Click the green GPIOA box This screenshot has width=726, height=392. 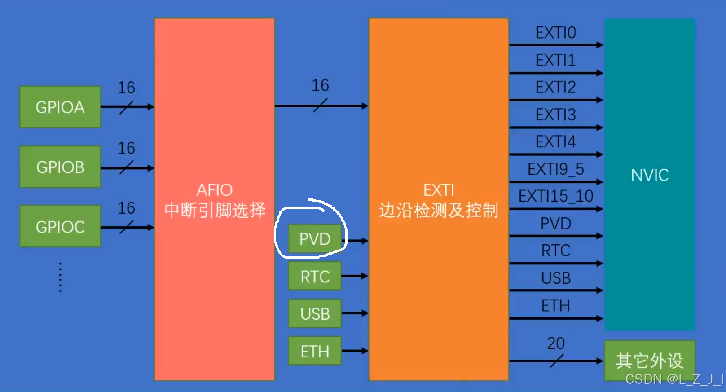point(60,107)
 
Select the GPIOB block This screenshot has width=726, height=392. point(60,167)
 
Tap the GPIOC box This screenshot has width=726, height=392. point(60,227)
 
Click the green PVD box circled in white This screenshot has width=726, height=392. point(315,239)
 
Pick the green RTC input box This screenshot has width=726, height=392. point(315,277)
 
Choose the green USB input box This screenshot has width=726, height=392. point(315,313)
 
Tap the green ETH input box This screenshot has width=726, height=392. point(315,351)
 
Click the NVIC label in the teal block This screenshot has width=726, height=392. point(650,175)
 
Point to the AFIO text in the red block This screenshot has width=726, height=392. point(215,190)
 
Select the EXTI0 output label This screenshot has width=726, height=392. point(555,33)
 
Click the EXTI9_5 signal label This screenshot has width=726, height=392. point(555,169)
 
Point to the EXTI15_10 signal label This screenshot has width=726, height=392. point(555,196)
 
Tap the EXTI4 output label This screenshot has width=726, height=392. point(555,142)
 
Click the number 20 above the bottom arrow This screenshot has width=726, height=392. point(555,344)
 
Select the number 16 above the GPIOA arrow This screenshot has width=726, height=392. point(126,88)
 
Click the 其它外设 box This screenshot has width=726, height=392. point(649,361)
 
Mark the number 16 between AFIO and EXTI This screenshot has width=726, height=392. point(320,85)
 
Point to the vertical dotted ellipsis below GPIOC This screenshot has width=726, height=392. point(60,277)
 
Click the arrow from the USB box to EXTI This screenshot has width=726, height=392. point(355,313)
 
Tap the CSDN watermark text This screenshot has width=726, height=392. point(673,379)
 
